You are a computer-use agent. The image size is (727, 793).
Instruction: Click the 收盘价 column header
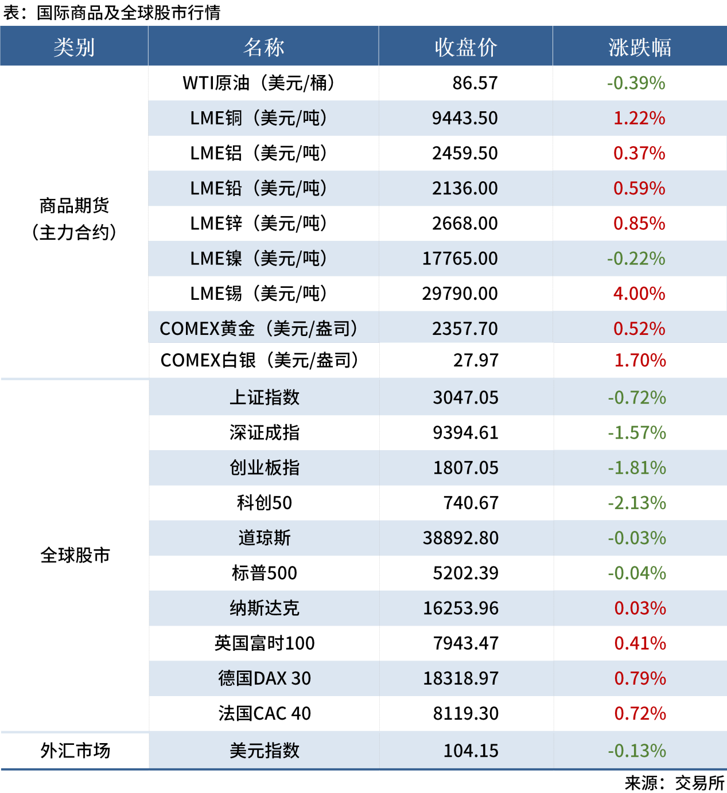tap(465, 47)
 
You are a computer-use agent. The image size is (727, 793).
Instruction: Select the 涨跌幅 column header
tap(639, 47)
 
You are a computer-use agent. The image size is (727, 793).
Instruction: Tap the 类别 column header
tap(74, 47)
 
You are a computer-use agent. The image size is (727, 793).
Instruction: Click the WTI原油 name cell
tap(259, 83)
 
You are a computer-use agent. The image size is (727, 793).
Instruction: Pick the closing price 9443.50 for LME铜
tap(465, 118)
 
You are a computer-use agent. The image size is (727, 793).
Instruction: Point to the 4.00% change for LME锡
tap(639, 294)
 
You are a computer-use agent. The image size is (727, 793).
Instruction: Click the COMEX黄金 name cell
tap(259, 329)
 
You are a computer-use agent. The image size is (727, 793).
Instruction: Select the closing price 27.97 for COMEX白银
tap(476, 360)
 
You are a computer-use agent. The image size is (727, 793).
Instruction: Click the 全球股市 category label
tap(75, 555)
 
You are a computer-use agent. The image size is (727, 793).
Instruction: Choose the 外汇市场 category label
tap(75, 751)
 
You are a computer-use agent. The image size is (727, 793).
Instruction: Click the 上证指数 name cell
tap(265, 397)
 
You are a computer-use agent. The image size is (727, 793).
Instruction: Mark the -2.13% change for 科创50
tap(637, 503)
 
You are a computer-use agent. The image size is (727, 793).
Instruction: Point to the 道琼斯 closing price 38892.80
tap(461, 538)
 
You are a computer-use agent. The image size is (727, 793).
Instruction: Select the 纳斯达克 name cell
tap(265, 608)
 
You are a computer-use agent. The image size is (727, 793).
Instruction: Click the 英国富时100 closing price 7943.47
tap(465, 643)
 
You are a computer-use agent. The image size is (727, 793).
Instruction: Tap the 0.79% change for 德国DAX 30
tap(640, 678)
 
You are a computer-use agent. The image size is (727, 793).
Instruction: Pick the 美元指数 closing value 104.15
tap(471, 751)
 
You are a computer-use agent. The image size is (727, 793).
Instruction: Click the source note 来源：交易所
tap(674, 783)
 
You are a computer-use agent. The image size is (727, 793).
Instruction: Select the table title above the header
tap(112, 13)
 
